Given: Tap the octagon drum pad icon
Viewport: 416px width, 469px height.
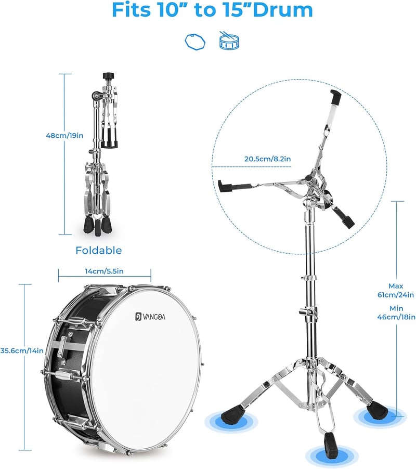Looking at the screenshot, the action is pos(195,42).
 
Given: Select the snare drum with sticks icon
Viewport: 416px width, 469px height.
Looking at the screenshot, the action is pos(229,41).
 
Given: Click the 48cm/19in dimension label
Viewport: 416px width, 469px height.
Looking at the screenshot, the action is pos(64,136).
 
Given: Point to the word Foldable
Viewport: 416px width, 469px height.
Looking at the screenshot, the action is pos(99,250).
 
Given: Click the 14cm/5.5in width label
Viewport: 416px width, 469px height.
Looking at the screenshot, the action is pos(104,271).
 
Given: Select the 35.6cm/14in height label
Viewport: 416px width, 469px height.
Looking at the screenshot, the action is pos(22,350).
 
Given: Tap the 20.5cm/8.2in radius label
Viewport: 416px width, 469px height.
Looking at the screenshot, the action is pos(268,159).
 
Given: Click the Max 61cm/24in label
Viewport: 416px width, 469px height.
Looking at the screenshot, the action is pos(396,291).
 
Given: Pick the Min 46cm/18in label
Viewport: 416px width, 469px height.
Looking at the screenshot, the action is pos(396,312).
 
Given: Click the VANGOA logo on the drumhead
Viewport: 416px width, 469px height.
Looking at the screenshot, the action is pos(150,317).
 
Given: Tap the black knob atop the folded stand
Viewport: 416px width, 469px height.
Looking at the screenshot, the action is pos(107,76).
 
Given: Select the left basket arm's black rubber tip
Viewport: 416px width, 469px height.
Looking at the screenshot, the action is pos(226,186).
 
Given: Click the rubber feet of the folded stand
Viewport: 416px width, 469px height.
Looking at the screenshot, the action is pos(98,226).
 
